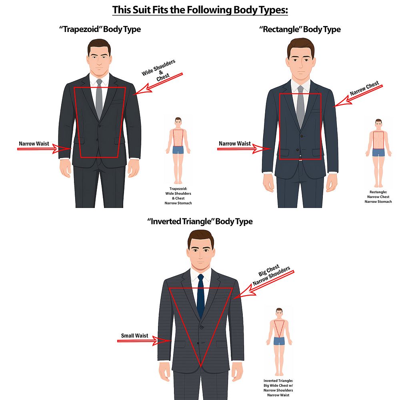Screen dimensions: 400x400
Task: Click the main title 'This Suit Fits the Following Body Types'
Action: [200, 10]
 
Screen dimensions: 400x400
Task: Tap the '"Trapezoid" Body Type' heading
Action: [100, 29]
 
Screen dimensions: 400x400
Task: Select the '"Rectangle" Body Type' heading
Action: [300, 29]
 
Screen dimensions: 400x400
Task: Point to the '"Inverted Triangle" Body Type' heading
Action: [200, 221]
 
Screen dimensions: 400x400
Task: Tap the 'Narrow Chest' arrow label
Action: [364, 88]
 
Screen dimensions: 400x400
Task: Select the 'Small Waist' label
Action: [134, 336]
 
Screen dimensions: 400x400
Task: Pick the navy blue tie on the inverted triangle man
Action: [201, 296]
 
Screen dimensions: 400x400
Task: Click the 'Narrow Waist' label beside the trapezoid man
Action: [34, 144]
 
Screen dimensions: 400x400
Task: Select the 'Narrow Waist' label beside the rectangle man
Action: [235, 144]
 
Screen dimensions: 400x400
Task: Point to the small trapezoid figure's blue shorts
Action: [178, 150]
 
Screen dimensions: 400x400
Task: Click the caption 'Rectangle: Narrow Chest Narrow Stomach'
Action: [378, 197]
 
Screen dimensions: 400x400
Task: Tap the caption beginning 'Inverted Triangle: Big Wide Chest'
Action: [278, 388]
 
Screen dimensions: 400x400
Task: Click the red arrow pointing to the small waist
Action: [144, 341]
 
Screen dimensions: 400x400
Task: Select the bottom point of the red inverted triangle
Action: [201, 367]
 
